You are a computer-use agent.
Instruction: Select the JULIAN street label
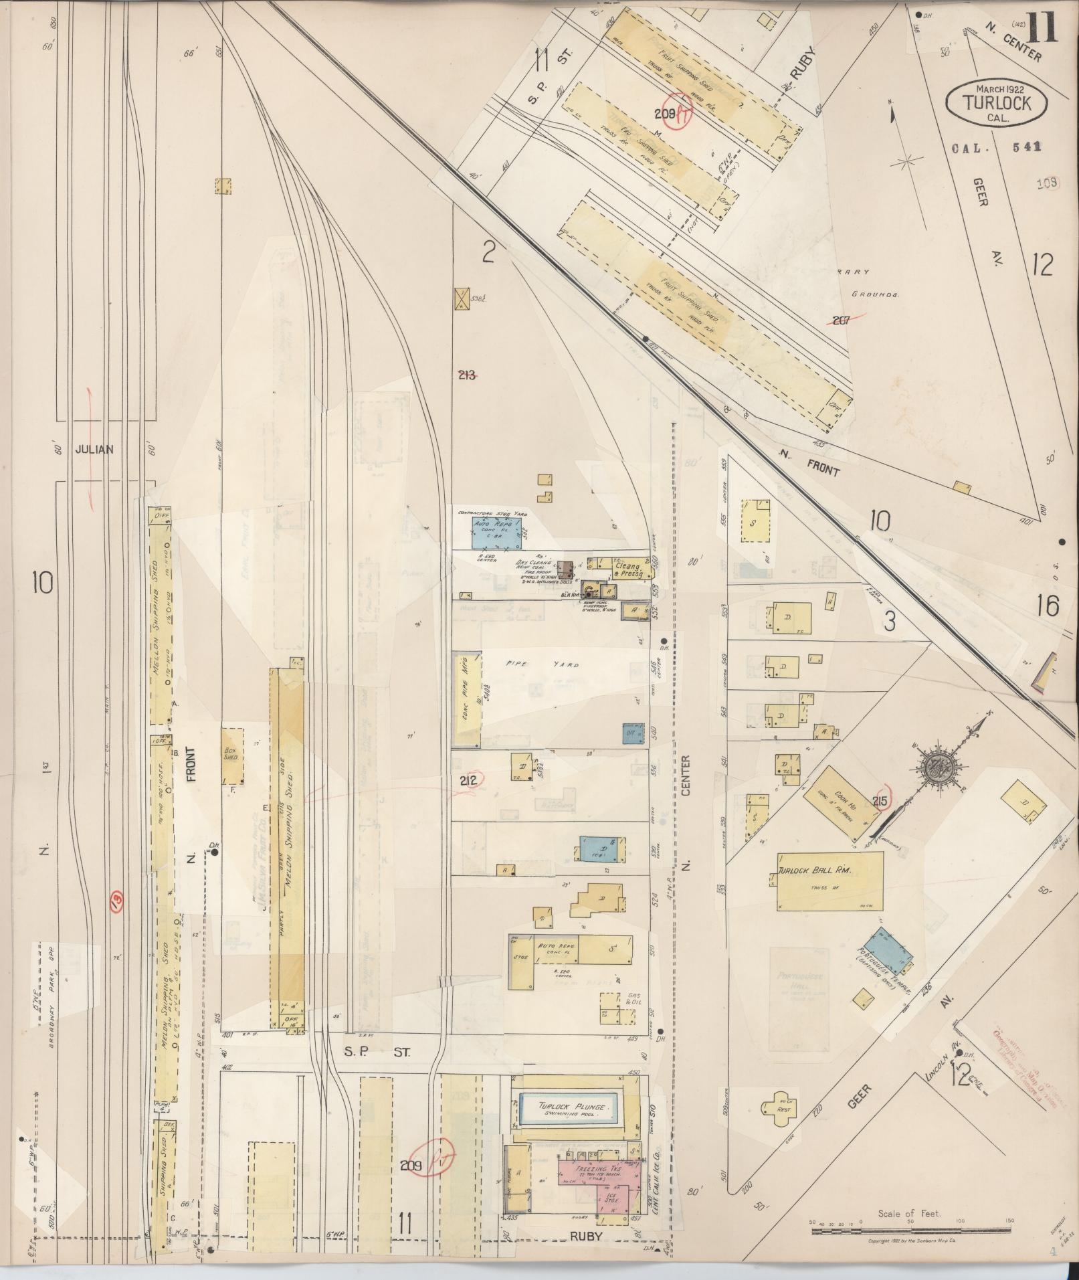tap(94, 450)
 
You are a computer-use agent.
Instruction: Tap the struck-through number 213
tap(468, 375)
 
